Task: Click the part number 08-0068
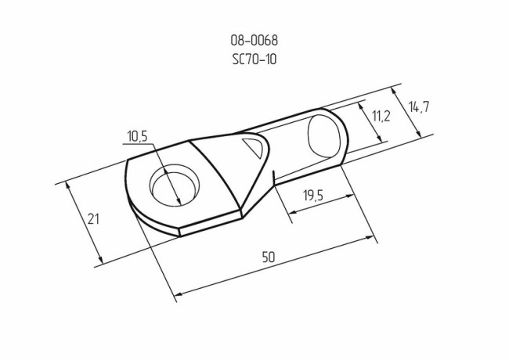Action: coord(255,41)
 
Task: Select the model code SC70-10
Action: coord(255,58)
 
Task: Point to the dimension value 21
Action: coord(93,220)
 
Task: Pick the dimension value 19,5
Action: coord(313,196)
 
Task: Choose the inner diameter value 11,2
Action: coord(381,117)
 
